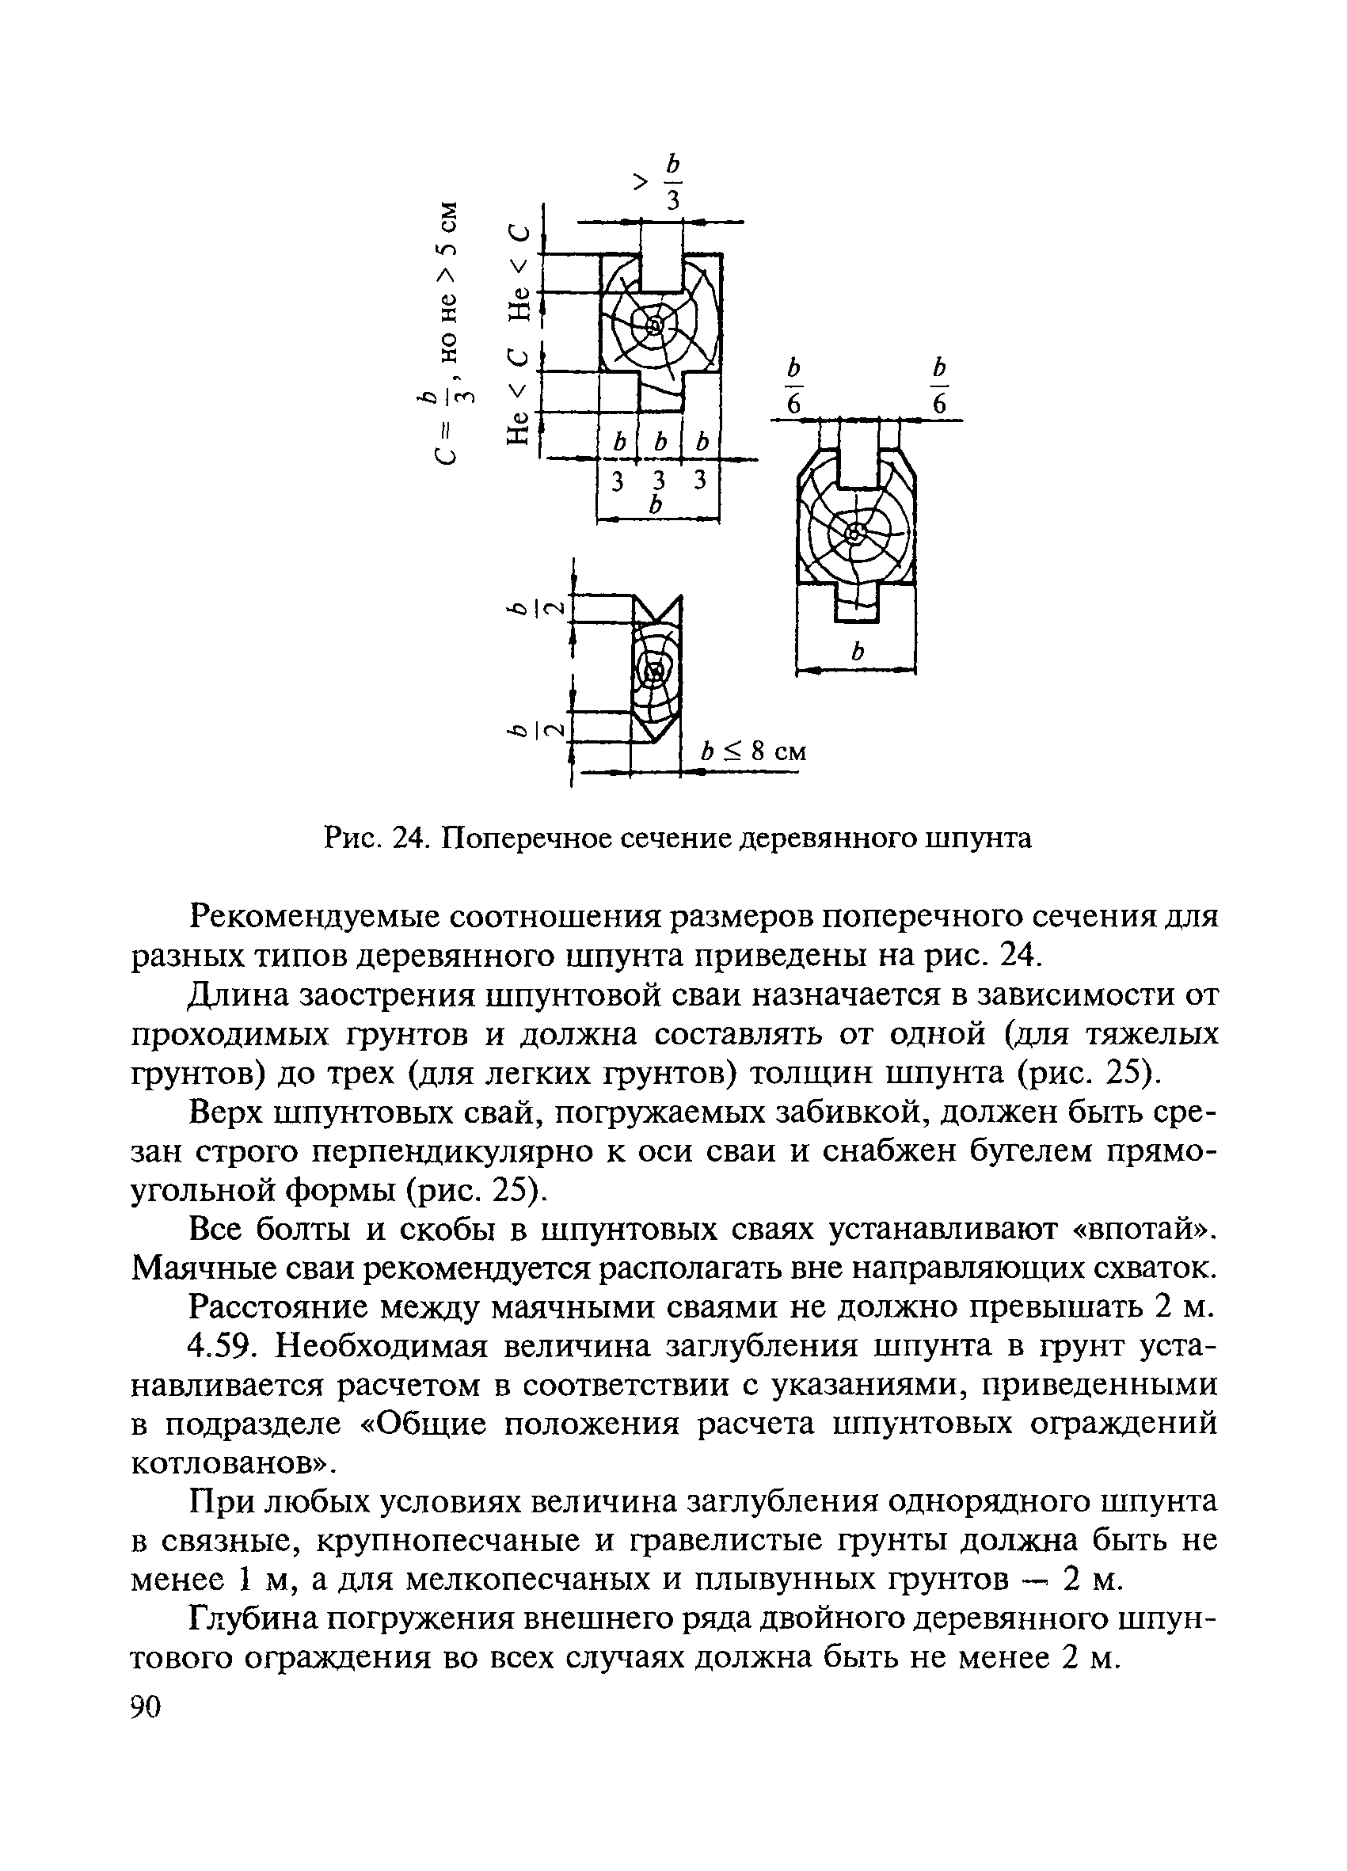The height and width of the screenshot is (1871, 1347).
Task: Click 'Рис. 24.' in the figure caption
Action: (373, 839)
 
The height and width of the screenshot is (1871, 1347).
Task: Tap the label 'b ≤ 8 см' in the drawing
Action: (752, 751)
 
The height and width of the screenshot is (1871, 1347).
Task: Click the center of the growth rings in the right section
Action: (855, 534)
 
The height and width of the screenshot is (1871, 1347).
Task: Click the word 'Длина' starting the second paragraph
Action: (234, 995)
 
